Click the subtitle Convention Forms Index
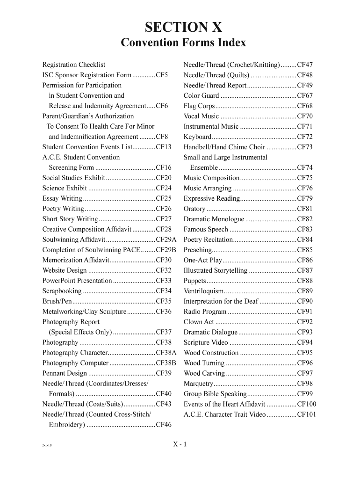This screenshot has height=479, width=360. (x=183, y=43)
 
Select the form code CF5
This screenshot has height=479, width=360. (x=162, y=75)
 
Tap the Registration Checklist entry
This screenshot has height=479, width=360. (x=74, y=65)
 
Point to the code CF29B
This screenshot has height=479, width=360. (x=166, y=250)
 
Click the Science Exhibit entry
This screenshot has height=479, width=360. (x=65, y=188)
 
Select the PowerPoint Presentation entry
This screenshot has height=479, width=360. (x=77, y=281)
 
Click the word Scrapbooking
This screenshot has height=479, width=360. (x=62, y=291)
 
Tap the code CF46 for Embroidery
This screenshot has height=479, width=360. (x=164, y=425)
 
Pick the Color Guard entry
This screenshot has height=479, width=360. (x=201, y=95)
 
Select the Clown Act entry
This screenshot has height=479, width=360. (x=199, y=322)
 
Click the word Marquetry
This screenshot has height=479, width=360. (x=198, y=384)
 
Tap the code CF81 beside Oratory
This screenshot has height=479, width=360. (x=305, y=209)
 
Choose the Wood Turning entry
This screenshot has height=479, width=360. (x=204, y=363)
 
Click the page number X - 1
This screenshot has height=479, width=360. (x=180, y=444)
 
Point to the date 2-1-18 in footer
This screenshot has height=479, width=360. (x=46, y=446)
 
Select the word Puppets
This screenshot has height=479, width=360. (x=194, y=281)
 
